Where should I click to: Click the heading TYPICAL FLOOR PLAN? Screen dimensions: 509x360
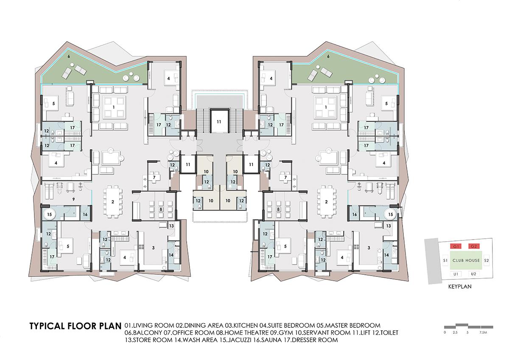(x=75, y=326)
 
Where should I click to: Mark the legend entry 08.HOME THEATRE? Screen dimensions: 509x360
(x=243, y=333)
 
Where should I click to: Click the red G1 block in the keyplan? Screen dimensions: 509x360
(x=456, y=246)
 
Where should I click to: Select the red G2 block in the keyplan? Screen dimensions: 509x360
(x=474, y=246)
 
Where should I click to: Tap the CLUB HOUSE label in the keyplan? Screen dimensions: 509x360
(x=466, y=260)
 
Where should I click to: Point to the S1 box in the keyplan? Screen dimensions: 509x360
(x=445, y=260)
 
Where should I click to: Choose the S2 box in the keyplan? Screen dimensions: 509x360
(x=486, y=260)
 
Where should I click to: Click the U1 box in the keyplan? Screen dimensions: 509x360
(x=456, y=274)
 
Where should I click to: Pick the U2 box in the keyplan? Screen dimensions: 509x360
(x=473, y=274)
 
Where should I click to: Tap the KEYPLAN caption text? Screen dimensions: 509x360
(x=460, y=287)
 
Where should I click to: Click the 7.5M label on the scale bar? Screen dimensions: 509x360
(x=483, y=332)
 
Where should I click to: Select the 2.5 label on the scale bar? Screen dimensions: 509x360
(x=455, y=332)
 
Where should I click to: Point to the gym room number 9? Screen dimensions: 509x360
(x=73, y=199)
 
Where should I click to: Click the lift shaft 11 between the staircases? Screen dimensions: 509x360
(x=219, y=122)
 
